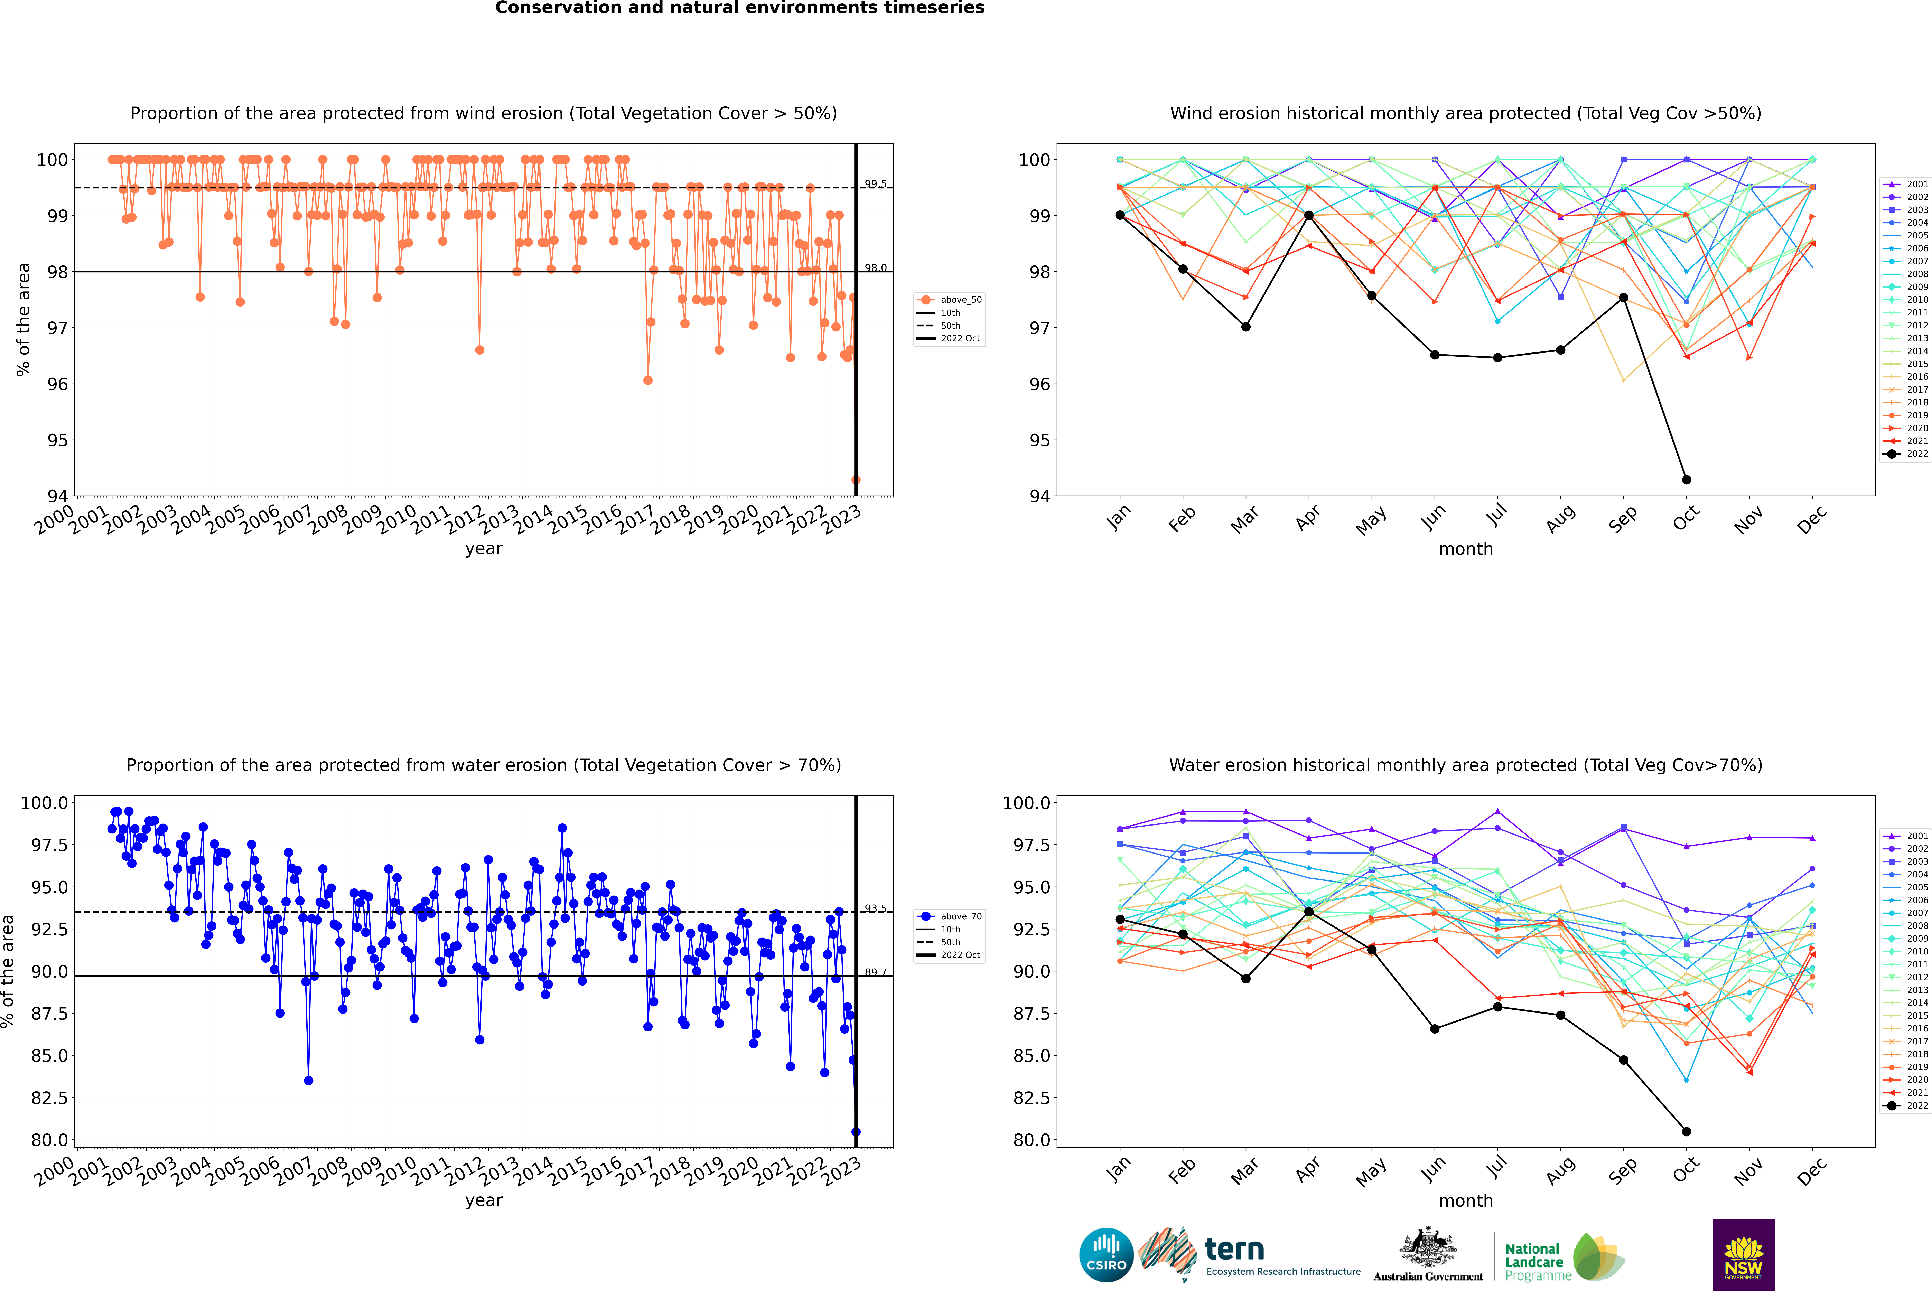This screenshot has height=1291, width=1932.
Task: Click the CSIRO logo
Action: point(1106,1255)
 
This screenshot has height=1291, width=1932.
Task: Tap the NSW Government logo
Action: point(1743,1255)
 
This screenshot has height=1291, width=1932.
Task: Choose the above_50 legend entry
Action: point(950,300)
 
